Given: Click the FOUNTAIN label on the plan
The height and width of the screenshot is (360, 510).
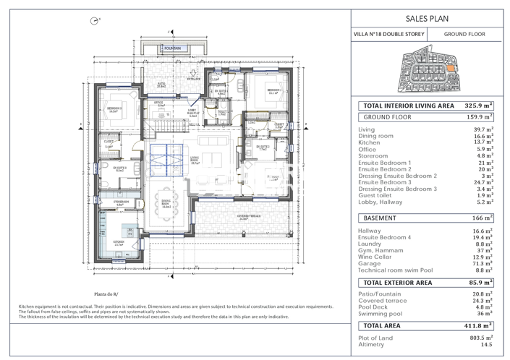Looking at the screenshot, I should (172, 48).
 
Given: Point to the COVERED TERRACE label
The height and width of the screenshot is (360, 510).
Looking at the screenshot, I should (248, 215).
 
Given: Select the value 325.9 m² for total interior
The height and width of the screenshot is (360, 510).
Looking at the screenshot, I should (477, 106).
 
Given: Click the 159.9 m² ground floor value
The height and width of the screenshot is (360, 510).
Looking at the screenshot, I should (478, 116).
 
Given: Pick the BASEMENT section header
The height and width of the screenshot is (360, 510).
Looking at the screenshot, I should (379, 217).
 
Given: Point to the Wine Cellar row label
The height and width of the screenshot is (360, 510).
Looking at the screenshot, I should (375, 257).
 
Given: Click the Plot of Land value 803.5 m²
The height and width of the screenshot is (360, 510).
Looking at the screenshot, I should (480, 338).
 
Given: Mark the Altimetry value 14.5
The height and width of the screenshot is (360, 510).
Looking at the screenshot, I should (487, 345).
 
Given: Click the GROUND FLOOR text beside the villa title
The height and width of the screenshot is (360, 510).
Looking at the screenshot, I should (464, 34).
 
